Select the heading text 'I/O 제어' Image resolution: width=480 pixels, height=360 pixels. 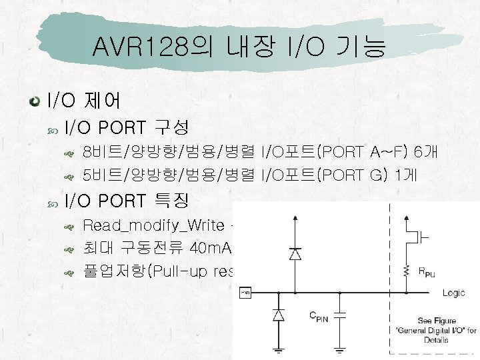coord(83,101)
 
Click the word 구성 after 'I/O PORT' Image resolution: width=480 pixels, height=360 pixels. coord(172,127)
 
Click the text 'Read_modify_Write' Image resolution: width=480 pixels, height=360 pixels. coord(153,225)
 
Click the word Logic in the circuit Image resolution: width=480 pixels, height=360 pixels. coord(453,293)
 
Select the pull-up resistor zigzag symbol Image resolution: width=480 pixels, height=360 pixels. coord(406,269)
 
